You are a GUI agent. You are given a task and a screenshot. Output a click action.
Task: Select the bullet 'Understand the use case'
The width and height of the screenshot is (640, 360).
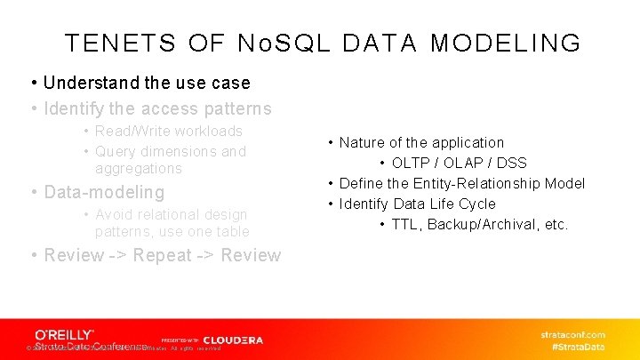[147, 83]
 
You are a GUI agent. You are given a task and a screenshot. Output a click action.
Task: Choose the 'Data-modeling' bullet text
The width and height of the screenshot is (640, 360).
[104, 192]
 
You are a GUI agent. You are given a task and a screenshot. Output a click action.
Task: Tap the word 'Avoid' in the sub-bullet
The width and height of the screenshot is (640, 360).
[114, 214]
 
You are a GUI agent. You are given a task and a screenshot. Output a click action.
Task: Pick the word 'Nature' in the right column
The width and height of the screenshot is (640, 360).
[362, 142]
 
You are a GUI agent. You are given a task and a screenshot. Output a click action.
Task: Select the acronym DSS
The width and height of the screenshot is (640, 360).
[511, 163]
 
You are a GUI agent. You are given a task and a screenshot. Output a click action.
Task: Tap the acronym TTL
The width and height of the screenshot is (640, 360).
[404, 224]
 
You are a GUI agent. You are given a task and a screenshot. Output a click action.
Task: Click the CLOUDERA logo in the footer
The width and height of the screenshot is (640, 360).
[233, 340]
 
